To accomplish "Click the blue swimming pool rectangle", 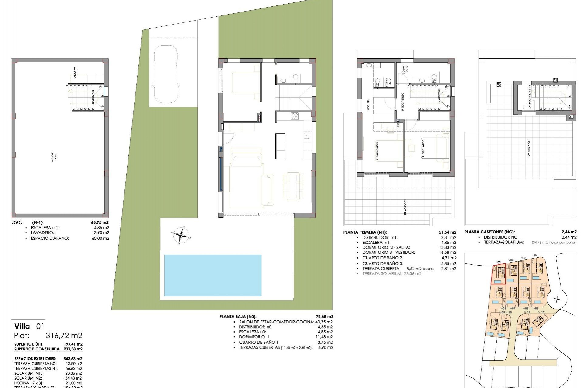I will pyautogui.click(x=213, y=275).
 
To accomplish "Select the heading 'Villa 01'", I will pyautogui.click(x=29, y=326).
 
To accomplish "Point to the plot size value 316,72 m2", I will pyautogui.click(x=64, y=336).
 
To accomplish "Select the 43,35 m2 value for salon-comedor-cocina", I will pyautogui.click(x=324, y=322).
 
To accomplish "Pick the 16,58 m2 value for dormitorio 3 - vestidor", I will pyautogui.click(x=448, y=252).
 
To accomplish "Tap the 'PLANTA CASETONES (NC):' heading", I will pyautogui.click(x=485, y=232).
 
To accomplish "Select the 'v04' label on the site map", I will pyautogui.click(x=535, y=255).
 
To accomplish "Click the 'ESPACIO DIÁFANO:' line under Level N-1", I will pyautogui.click(x=50, y=238).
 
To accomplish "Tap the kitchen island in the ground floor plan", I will pyautogui.click(x=280, y=146).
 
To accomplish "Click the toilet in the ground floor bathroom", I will pyautogui.click(x=284, y=80).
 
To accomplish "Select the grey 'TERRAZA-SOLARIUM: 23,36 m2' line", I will pyautogui.click(x=392, y=273).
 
